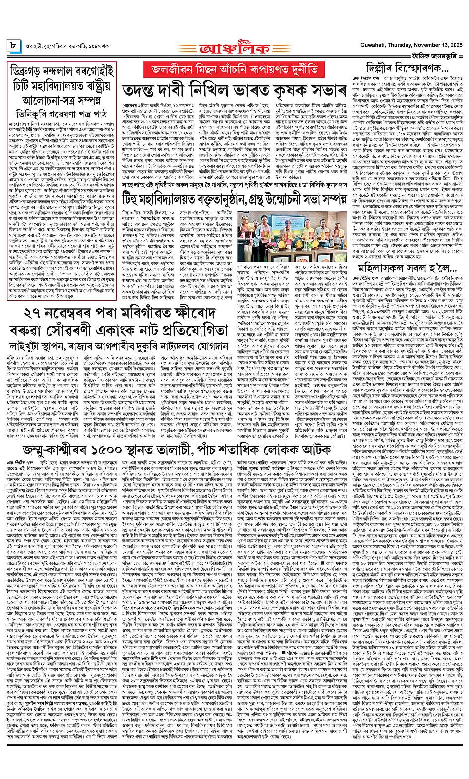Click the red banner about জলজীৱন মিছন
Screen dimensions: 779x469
234,69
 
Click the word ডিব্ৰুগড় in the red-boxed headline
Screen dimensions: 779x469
29,71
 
